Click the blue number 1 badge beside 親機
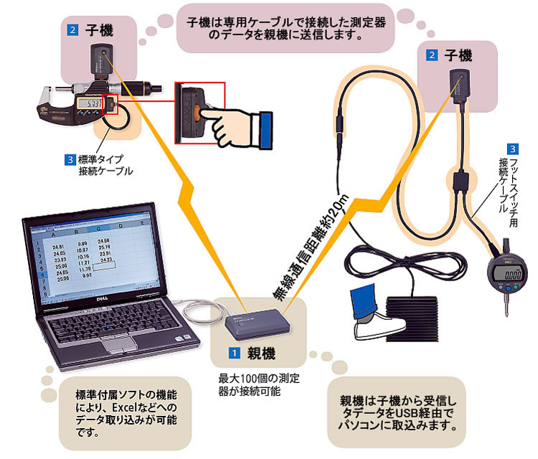(232, 353)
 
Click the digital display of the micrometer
(88, 105)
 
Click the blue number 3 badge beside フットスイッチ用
(509, 149)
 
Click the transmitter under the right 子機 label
(457, 82)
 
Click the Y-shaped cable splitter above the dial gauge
(459, 179)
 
